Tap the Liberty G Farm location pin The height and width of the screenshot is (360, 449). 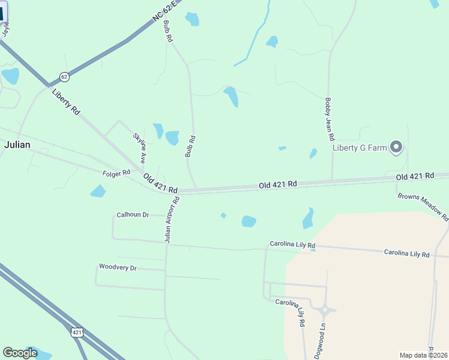pos(396,147)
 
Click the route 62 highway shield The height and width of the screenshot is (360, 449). pos(64,77)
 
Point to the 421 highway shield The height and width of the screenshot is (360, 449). pos(76,332)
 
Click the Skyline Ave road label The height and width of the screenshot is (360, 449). pos(139,148)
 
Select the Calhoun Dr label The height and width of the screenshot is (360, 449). pos(133,214)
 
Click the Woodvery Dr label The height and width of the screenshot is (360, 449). pos(118,267)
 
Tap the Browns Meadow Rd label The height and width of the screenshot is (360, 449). pos(423,208)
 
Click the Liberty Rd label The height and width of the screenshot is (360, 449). pos(66,102)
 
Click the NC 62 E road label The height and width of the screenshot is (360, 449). pos(166,13)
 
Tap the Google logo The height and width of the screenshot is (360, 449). pos(20,353)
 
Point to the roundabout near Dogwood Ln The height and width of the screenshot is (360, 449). pos(325,310)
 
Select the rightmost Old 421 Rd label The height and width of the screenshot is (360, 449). pos(415,176)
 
